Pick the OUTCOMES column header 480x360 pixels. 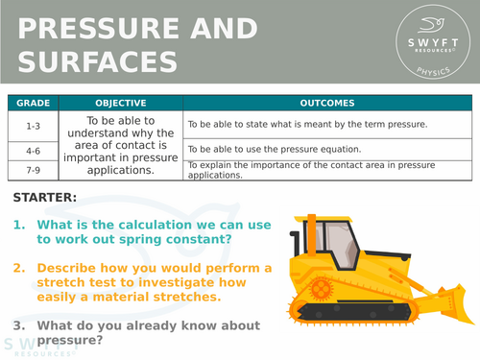325,103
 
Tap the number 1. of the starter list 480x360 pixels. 20,225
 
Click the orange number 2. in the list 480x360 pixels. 20,266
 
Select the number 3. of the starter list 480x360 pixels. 20,325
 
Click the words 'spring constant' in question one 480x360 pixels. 182,239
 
